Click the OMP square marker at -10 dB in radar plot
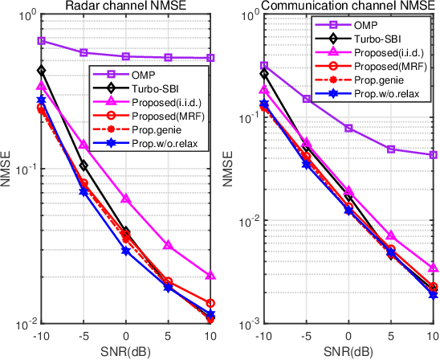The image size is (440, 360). point(41,40)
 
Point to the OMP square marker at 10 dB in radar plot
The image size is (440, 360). point(210,58)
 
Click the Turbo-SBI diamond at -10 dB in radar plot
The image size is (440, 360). point(41,71)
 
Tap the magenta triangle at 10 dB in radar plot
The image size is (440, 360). point(210,276)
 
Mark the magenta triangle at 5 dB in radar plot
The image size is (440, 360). point(168,245)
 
